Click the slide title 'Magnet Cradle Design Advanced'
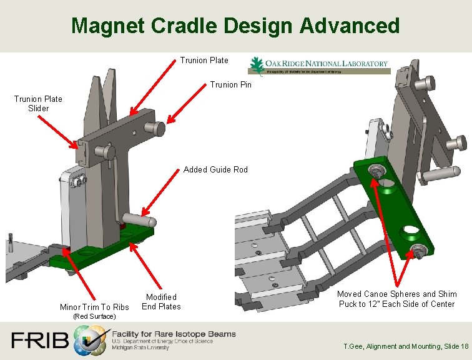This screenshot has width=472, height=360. click(x=235, y=26)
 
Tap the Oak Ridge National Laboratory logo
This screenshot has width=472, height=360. click(x=319, y=65)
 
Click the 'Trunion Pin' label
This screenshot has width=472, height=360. click(x=231, y=84)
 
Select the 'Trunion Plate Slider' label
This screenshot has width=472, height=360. click(x=38, y=104)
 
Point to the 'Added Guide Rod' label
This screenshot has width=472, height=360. click(x=215, y=169)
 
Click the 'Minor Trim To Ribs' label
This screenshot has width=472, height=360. click(x=94, y=307)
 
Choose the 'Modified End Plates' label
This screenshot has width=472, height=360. click(x=161, y=302)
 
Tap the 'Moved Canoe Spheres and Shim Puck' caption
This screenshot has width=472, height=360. click(x=396, y=299)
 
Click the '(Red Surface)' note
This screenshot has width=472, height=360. click(x=94, y=316)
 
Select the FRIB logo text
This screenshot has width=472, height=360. click(x=39, y=341)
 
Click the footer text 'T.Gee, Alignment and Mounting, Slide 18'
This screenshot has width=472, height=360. click(x=406, y=346)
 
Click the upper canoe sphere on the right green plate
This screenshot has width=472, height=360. click(x=376, y=171)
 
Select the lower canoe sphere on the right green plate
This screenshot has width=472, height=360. click(x=416, y=251)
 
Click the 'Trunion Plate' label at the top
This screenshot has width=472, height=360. click(x=204, y=61)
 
